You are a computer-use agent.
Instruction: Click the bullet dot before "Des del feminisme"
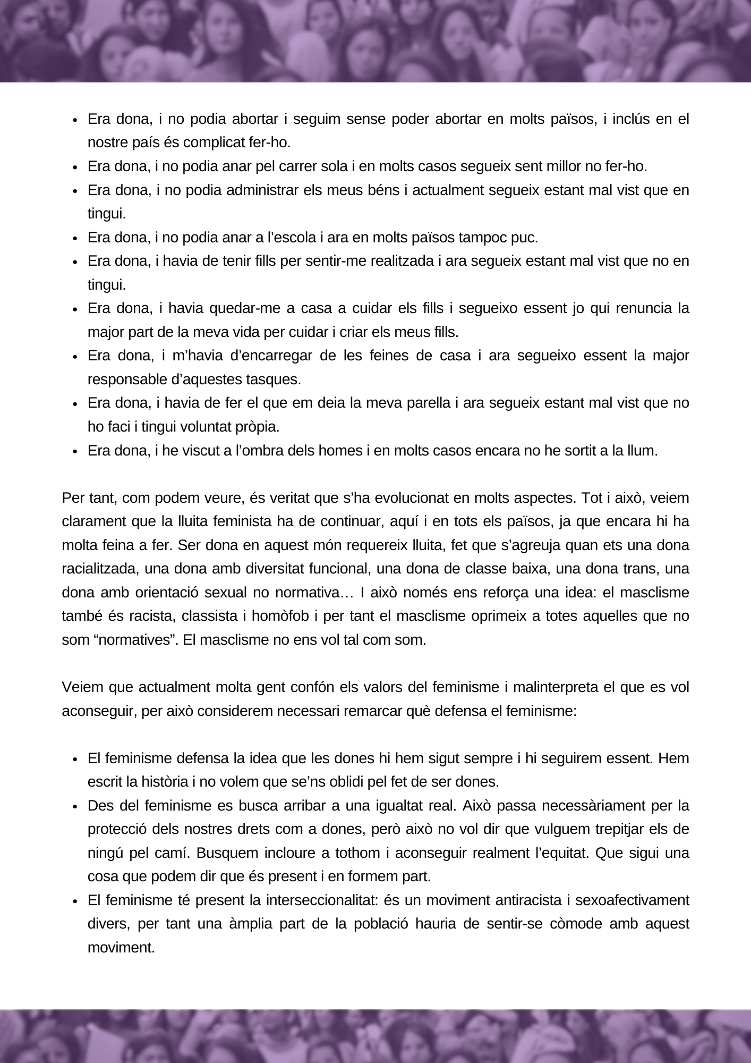pyautogui.click(x=75, y=806)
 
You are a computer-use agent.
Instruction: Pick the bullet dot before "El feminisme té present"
pyautogui.click(x=75, y=901)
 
